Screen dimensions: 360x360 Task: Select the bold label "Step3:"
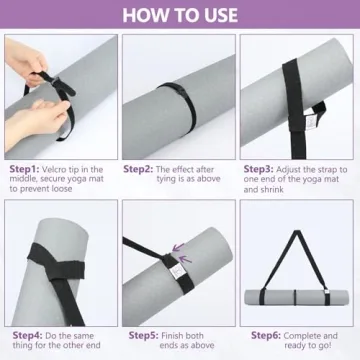pos(258,169)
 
